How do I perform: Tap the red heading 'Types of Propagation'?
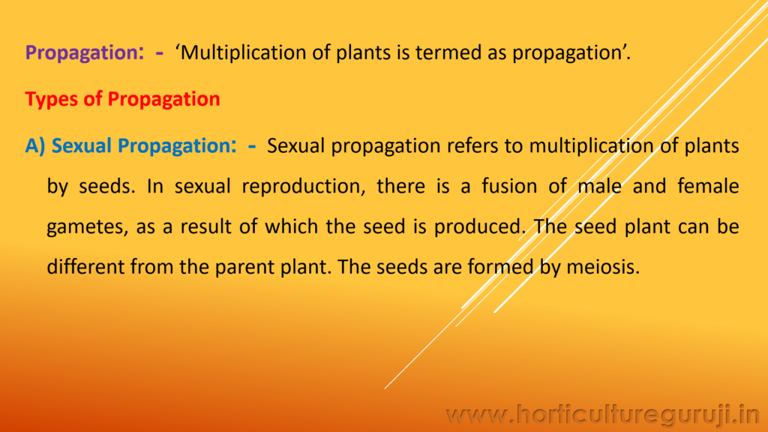[x=122, y=100]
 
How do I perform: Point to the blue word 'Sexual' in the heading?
[x=83, y=145]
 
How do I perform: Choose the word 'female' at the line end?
[x=706, y=187]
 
